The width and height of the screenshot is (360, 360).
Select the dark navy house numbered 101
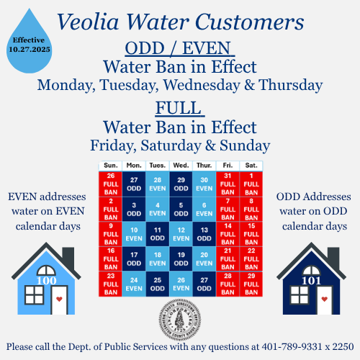tap(313, 276)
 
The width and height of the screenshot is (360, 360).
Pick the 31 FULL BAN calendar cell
tap(228, 185)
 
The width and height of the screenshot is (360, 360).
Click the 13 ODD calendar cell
tap(204, 235)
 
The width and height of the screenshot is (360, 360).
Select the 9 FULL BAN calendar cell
tap(110, 235)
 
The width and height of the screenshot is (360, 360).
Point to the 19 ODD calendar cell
tap(181, 259)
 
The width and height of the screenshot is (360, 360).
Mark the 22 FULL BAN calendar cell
tap(251, 259)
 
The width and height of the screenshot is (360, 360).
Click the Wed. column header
tap(181, 166)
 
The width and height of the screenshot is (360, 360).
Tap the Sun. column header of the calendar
tap(110, 166)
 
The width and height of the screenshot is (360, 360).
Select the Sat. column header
tap(251, 166)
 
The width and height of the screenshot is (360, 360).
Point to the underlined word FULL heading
tap(178, 109)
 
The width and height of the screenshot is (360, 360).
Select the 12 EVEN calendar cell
tap(181, 235)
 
